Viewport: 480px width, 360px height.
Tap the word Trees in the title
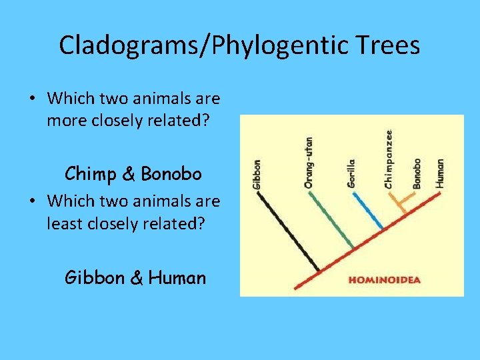[x=389, y=45]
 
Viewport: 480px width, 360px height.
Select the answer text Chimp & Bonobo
[x=133, y=174]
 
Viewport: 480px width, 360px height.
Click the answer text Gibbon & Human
[x=135, y=277]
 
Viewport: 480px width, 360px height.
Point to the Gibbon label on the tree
[x=258, y=174]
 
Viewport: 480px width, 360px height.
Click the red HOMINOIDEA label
[x=385, y=280]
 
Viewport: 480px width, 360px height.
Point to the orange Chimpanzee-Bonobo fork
[x=401, y=202]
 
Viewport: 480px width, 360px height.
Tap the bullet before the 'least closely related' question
[x=32, y=201]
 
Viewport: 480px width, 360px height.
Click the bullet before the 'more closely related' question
[x=32, y=99]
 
